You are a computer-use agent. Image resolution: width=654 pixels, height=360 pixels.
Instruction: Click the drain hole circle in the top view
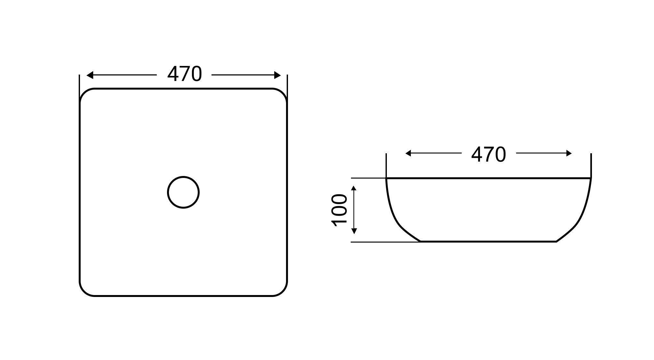pos(183,177)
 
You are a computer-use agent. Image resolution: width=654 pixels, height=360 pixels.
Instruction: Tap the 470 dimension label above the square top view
pos(185,74)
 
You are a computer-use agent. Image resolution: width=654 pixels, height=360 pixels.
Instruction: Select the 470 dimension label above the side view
pos(489,155)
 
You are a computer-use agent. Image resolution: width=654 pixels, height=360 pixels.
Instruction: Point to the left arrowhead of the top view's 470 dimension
pos(90,75)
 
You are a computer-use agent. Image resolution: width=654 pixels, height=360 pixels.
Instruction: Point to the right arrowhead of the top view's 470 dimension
pos(278,75)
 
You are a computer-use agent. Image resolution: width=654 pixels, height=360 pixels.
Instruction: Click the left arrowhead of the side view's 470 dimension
pos(408,153)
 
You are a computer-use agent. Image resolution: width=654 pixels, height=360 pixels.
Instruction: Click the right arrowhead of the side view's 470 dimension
pos(569,153)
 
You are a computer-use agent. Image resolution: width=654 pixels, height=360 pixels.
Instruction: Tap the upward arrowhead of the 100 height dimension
pos(354,188)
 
